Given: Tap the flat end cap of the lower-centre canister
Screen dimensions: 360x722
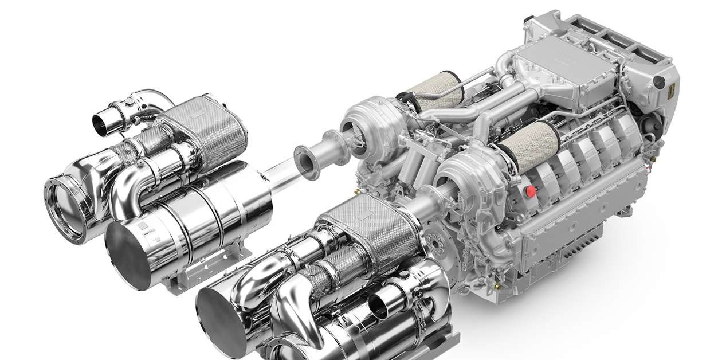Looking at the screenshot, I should (x=223, y=316).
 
